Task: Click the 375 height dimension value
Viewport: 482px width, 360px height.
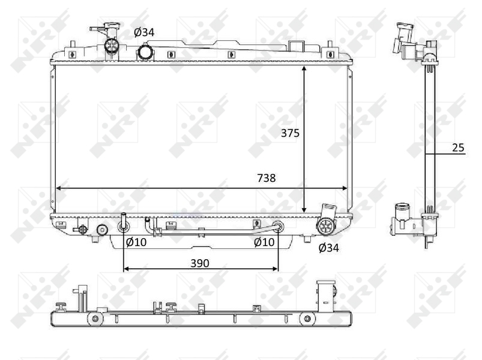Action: (290, 133)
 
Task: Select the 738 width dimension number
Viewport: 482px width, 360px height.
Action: (266, 178)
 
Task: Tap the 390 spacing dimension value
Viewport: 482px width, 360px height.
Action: (200, 263)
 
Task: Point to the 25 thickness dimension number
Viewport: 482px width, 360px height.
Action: (458, 148)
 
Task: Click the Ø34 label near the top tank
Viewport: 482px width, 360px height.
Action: (144, 32)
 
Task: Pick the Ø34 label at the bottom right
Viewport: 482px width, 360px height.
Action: (328, 248)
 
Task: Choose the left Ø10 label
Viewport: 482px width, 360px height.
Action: (136, 242)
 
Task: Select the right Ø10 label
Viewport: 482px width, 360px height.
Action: (264, 242)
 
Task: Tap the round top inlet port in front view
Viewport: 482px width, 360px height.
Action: (145, 53)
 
